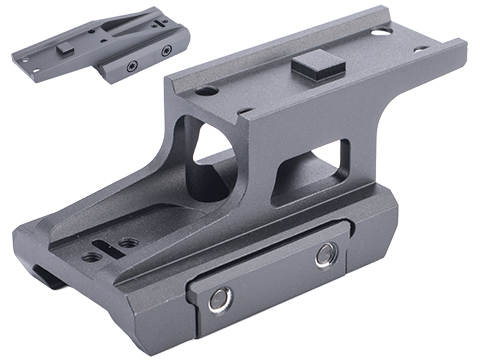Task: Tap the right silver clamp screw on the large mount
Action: [x=324, y=256]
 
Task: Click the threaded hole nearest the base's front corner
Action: [x=91, y=257]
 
